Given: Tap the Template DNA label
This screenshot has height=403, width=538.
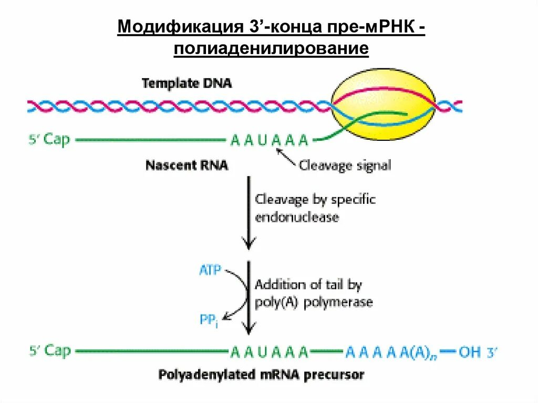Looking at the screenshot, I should point(187,83).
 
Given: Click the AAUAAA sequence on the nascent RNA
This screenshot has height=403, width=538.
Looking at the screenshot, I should point(269,141).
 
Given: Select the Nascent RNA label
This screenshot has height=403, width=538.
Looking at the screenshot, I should point(187,166).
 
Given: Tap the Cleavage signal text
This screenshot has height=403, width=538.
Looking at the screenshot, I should point(345,166).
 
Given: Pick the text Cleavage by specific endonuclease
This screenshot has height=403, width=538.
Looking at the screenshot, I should point(315,208).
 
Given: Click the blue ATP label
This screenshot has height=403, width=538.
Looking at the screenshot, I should point(210,271).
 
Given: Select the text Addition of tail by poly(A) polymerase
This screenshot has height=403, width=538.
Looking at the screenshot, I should point(314,293).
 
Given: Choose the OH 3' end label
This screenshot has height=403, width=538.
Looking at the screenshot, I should point(477,351).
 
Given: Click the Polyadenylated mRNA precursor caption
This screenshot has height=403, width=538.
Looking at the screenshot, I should point(261,375).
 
